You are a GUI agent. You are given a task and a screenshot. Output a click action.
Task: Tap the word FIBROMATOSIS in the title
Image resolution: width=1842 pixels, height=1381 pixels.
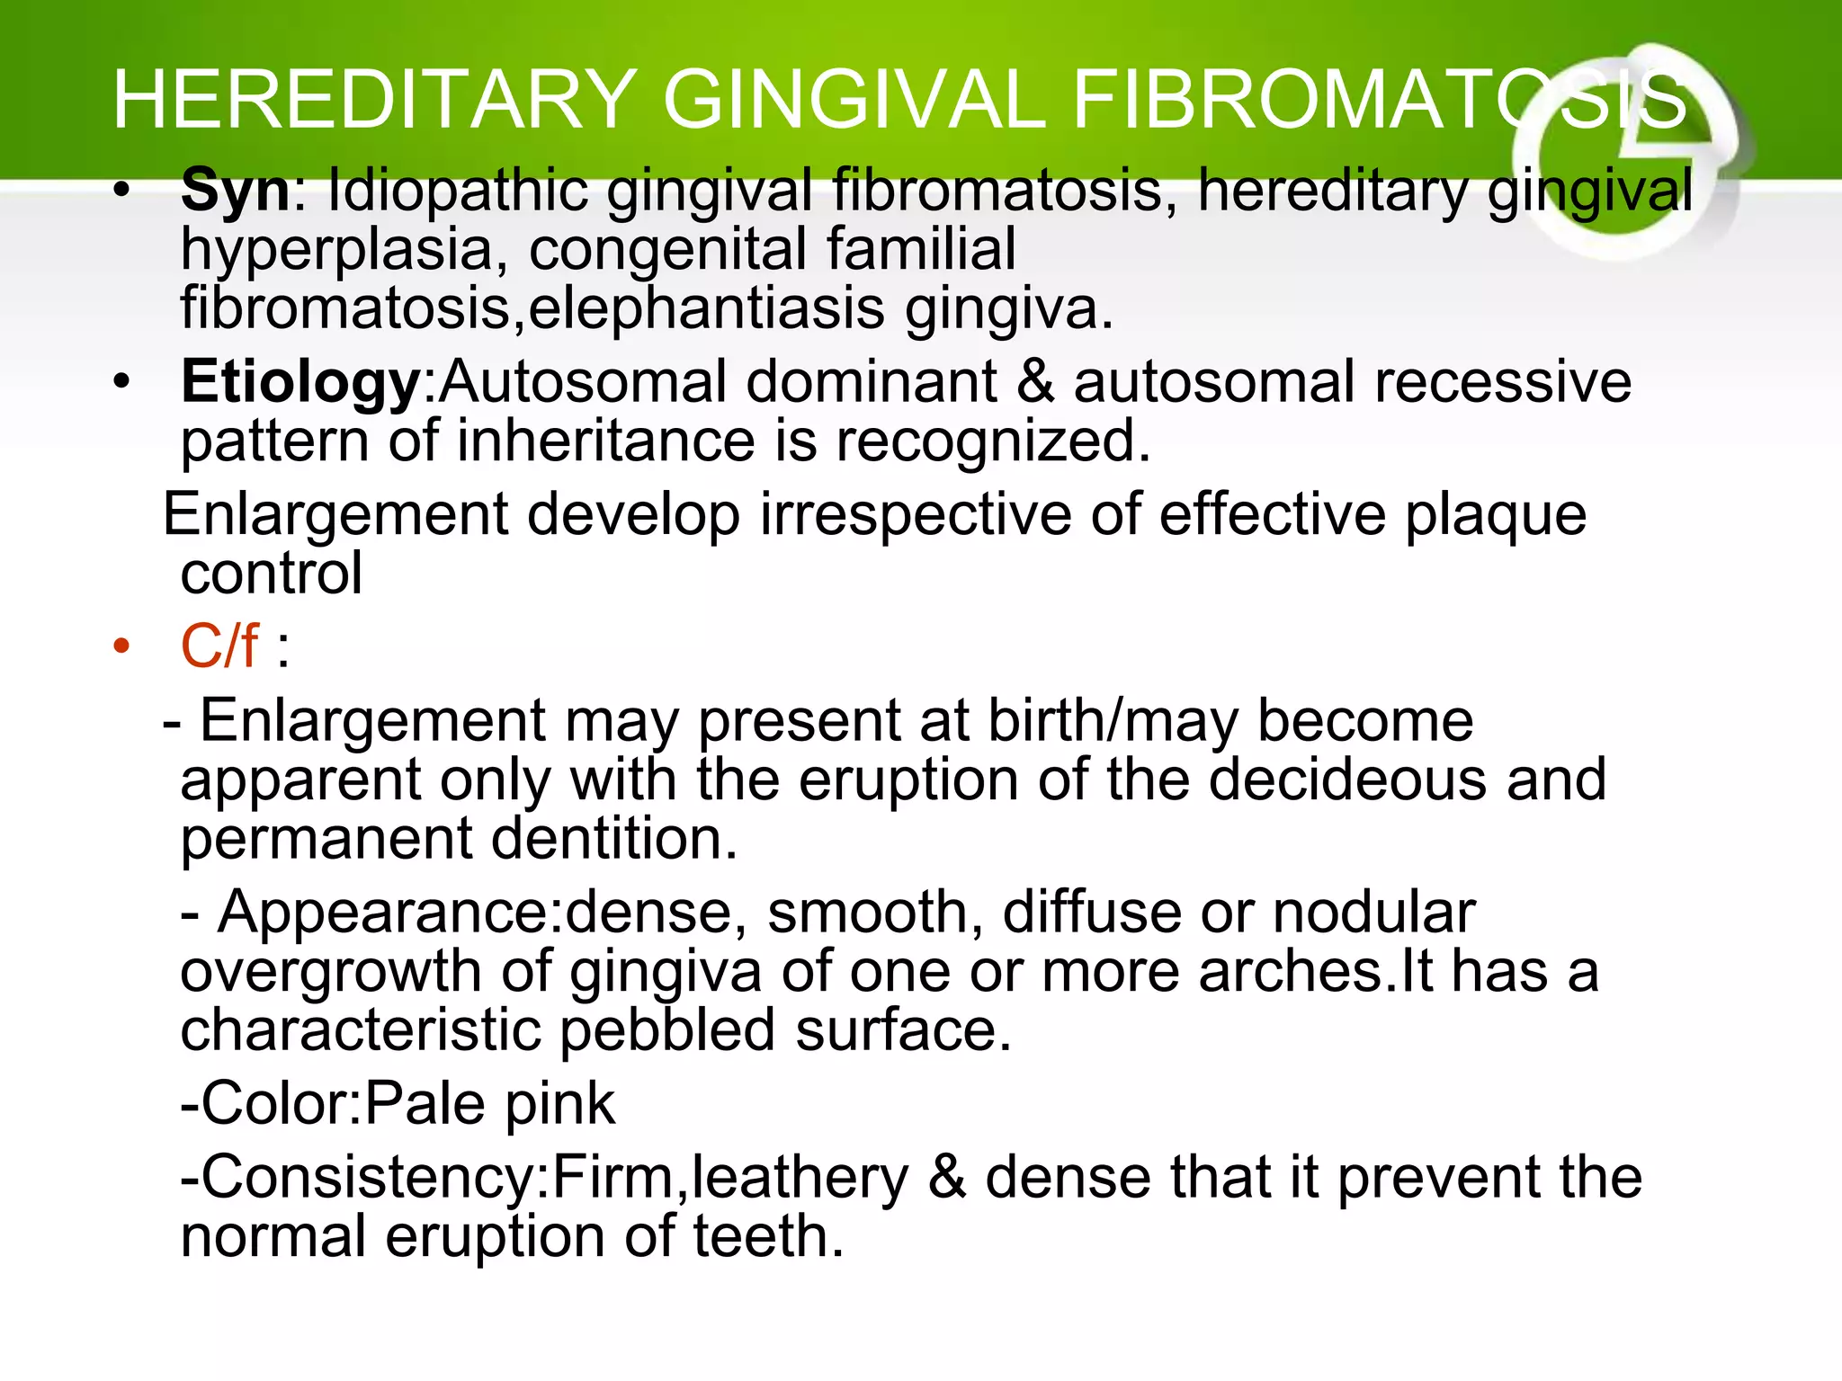coord(1380,101)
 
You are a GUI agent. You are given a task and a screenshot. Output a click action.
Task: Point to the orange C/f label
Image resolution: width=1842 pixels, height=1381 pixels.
coord(219,646)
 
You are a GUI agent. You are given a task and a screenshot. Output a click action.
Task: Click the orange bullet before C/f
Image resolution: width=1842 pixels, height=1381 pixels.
coord(121,646)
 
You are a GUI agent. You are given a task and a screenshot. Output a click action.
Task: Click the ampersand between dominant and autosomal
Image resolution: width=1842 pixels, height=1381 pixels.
coord(1035,381)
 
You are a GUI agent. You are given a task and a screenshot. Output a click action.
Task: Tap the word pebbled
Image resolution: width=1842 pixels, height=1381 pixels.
coord(667,1031)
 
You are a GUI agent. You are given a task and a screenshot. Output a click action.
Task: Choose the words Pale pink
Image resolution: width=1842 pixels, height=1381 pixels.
coord(490,1105)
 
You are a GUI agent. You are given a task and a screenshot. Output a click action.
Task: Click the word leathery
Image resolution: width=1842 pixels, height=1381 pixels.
coord(800,1178)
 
